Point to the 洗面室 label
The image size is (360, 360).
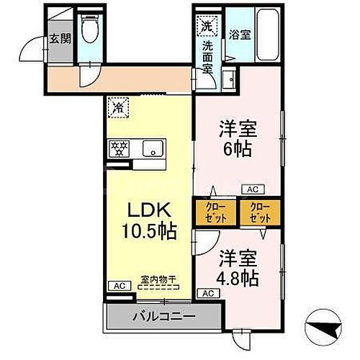207,57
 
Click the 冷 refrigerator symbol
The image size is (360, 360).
117,109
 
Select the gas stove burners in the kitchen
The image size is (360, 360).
118,150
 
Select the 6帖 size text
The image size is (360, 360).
238,151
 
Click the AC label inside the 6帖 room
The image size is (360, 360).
253,189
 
